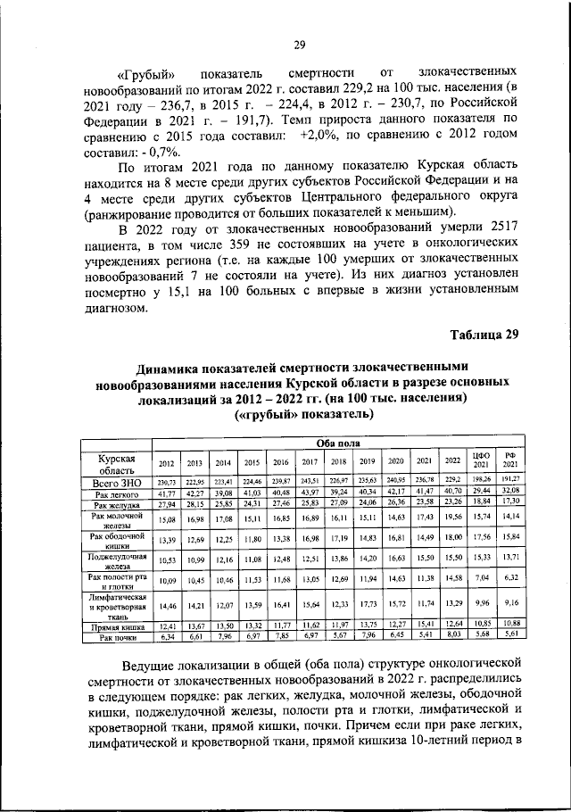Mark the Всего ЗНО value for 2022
pos(452,482)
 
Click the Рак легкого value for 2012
pos(167,493)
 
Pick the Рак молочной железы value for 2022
pos(452,517)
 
